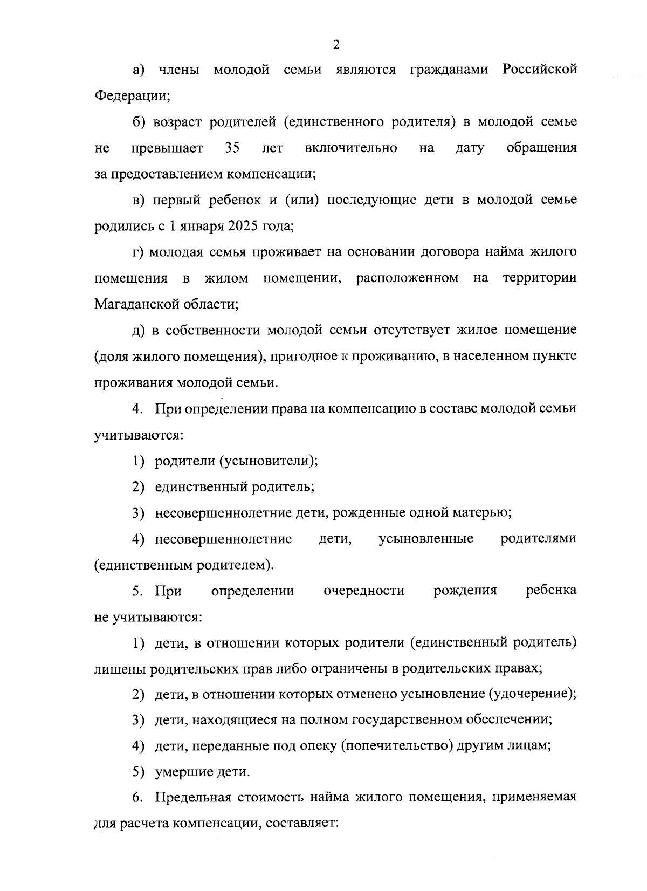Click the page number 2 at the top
pyautogui.click(x=336, y=45)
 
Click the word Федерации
pyautogui.click(x=132, y=96)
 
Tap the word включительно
pyautogui.click(x=351, y=148)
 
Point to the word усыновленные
pyautogui.click(x=426, y=538)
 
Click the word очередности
pyautogui.click(x=364, y=591)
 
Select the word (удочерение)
pyautogui.click(x=532, y=694)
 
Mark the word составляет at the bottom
pyautogui.click(x=299, y=824)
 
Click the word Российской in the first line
pyautogui.click(x=539, y=70)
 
